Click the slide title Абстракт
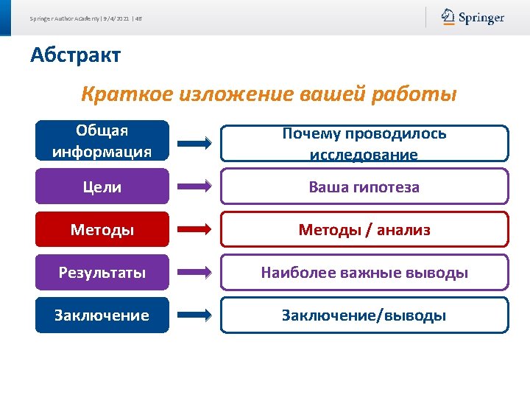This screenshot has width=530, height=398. pos(75,55)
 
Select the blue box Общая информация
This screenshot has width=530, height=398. pos(102,142)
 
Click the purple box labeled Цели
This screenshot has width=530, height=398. pos(102,187)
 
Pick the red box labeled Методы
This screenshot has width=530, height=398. pos(102,230)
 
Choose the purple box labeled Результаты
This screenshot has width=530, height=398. pos(102,273)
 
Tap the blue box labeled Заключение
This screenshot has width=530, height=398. pos(102,315)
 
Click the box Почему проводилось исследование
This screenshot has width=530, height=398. pos(364,144)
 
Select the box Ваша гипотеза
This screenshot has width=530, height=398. pos(364,186)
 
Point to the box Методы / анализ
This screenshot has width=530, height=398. pos(364,230)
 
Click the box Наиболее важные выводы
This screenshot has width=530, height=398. pos(364,273)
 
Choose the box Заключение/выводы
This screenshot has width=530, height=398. pos(364,315)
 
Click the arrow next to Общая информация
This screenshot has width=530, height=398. pos(194,144)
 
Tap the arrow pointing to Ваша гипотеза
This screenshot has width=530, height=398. pos(194,187)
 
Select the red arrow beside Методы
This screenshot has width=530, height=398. pos(194,230)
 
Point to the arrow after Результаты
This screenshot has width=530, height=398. pos(194,273)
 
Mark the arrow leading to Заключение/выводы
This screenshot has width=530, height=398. pos(194,315)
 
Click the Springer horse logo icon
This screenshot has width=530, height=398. pos(448,17)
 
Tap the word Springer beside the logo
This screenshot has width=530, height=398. pos(481,18)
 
